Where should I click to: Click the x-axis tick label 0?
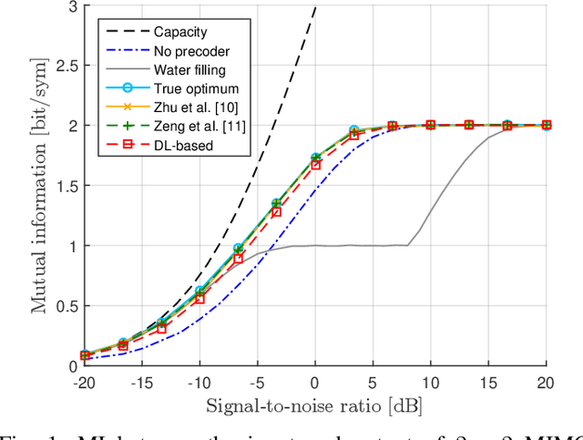click(x=315, y=379)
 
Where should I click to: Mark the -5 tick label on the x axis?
click(x=256, y=379)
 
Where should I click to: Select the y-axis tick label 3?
click(x=69, y=5)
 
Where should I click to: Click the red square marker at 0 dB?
click(x=315, y=165)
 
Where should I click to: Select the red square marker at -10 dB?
click(x=199, y=299)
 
